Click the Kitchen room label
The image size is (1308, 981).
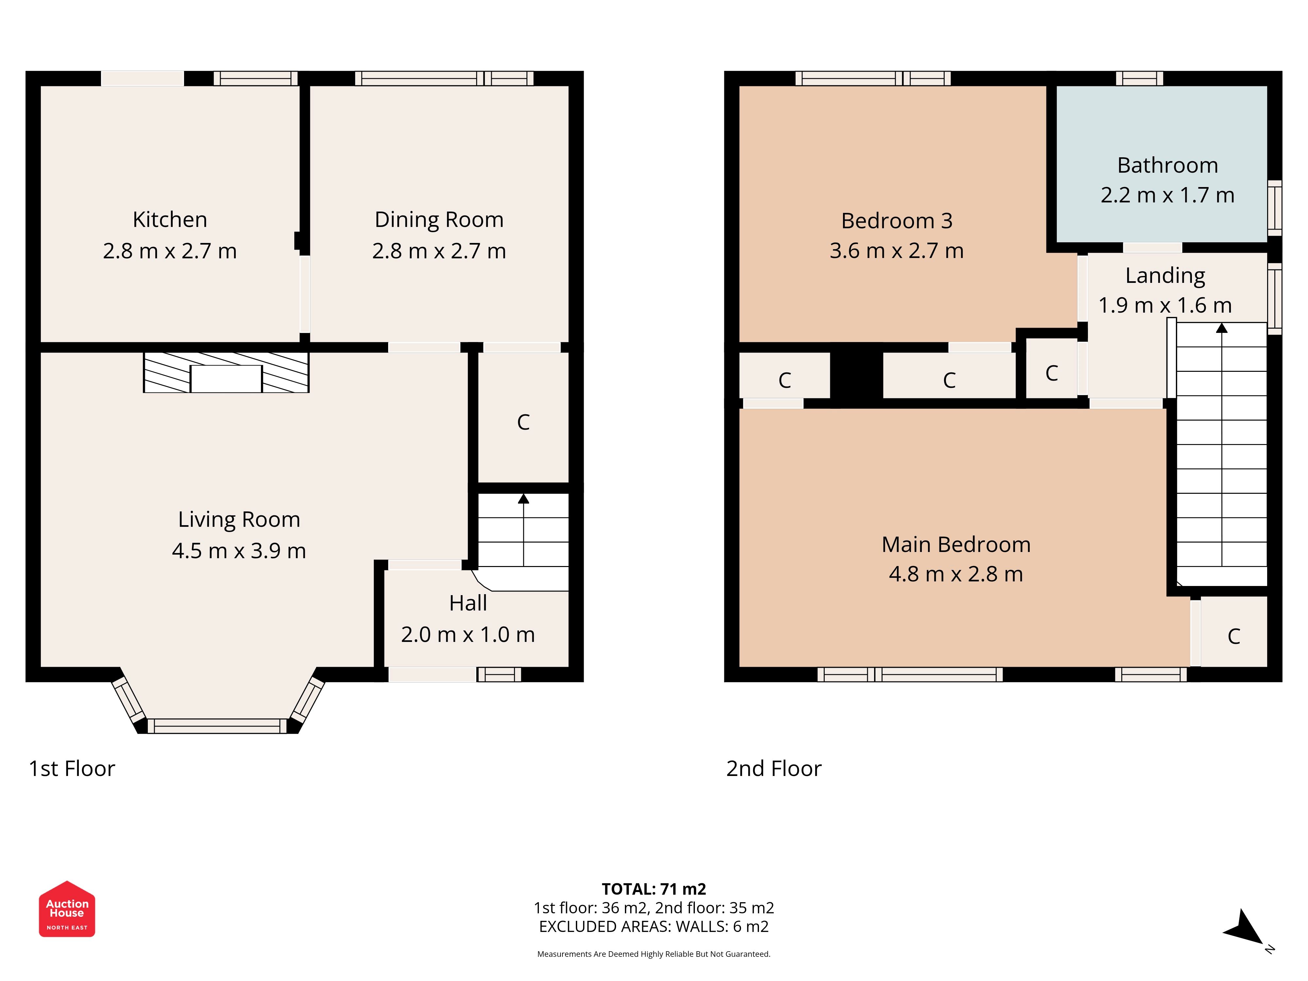point(170,219)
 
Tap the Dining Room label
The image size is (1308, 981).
point(439,219)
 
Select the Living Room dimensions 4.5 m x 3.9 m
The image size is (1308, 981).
point(239,551)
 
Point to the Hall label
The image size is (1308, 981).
point(468,603)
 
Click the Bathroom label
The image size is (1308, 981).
point(1167,165)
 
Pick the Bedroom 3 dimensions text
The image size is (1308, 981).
point(896,251)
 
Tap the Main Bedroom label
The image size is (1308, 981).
point(955,544)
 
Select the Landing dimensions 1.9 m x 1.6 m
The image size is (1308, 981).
point(1165,305)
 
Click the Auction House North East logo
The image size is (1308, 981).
point(67,909)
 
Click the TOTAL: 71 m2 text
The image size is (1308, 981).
point(653,889)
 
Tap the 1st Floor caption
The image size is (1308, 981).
point(72,768)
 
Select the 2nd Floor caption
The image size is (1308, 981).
point(773,768)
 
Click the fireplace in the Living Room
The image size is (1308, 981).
point(226,372)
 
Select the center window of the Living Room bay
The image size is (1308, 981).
point(217,726)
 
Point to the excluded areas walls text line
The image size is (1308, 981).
point(653,927)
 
